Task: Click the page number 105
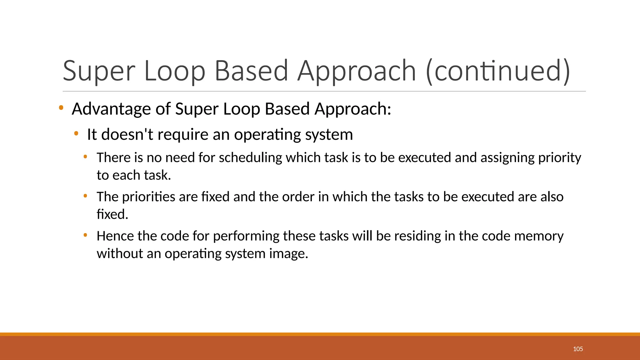pyautogui.click(x=578, y=349)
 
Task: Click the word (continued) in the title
pyautogui.click(x=498, y=71)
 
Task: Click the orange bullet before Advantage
pyautogui.click(x=61, y=108)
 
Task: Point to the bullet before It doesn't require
pyautogui.click(x=76, y=134)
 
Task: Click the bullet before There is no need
pyautogui.click(x=85, y=157)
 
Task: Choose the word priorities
pyautogui.click(x=148, y=197)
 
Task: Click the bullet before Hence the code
pyautogui.click(x=85, y=235)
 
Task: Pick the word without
pyautogui.click(x=120, y=253)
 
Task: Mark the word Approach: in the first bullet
pyautogui.click(x=353, y=109)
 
